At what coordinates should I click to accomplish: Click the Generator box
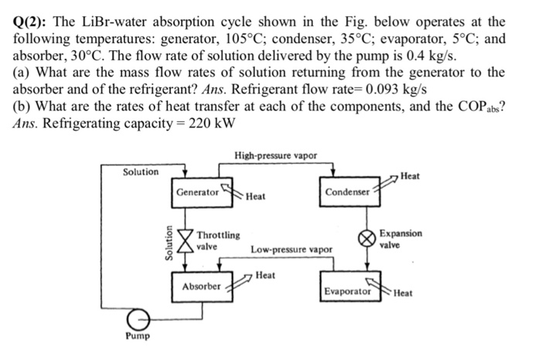pyautogui.click(x=197, y=191)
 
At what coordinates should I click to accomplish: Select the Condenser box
pyautogui.click(x=347, y=191)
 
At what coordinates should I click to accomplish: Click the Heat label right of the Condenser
pyautogui.click(x=410, y=177)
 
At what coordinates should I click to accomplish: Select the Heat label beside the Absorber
pyautogui.click(x=265, y=274)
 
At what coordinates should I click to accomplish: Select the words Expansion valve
pyautogui.click(x=400, y=238)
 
